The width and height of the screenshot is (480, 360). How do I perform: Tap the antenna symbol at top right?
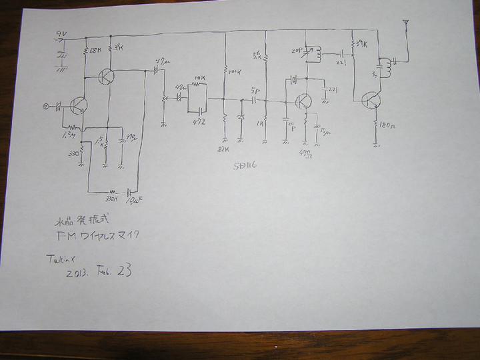click(x=404, y=27)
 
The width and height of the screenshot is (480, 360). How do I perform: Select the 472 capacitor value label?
click(x=197, y=122)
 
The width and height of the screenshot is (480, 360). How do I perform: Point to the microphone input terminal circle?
click(x=46, y=105)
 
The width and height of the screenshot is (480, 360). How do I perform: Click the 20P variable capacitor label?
click(x=298, y=51)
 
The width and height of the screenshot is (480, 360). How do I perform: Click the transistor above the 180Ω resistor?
click(x=370, y=100)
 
